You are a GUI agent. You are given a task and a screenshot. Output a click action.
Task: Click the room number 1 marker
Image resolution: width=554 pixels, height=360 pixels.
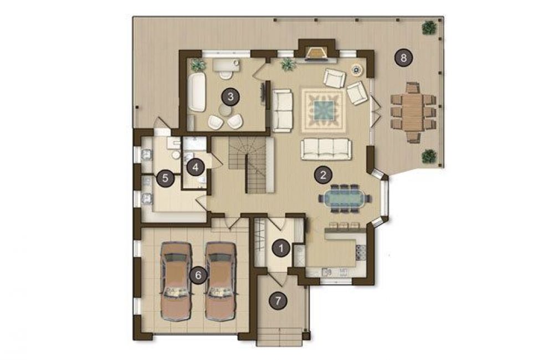click(281, 249)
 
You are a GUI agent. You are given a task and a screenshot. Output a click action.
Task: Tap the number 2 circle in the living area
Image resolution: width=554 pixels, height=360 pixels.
click(322, 175)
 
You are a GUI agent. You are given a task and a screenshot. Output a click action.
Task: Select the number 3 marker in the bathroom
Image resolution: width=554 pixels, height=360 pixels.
click(230, 96)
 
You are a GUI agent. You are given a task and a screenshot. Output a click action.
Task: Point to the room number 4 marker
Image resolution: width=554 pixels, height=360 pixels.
click(196, 167)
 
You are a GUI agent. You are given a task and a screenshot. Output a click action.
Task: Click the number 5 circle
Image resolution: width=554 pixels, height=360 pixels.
click(165, 178)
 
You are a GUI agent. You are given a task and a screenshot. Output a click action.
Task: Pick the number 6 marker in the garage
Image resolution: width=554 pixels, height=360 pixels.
click(198, 275)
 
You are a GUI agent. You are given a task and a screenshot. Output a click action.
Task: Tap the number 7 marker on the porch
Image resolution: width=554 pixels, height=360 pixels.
click(278, 301)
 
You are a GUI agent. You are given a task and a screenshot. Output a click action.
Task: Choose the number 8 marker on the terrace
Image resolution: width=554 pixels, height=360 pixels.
click(404, 57)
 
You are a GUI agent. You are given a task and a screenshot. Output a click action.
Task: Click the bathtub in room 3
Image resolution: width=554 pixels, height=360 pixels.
click(196, 92)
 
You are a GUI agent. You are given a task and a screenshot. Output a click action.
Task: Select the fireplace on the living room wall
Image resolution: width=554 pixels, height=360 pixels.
click(316, 53)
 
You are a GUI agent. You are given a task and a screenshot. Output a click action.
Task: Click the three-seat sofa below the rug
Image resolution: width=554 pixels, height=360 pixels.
click(326, 149)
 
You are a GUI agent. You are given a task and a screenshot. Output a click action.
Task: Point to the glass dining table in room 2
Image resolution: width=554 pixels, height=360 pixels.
click(345, 198)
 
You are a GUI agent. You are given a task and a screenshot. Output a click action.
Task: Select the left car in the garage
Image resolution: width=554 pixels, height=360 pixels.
click(176, 281)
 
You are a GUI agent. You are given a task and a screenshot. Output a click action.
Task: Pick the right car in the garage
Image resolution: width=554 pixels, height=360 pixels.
click(220, 281)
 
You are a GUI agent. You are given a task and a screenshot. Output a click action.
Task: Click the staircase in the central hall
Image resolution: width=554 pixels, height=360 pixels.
click(252, 166)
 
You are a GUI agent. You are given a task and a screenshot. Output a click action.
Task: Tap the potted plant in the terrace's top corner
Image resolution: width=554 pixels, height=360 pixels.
click(429, 28)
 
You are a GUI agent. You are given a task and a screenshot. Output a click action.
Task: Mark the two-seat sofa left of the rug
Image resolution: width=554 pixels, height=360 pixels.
click(282, 110)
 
